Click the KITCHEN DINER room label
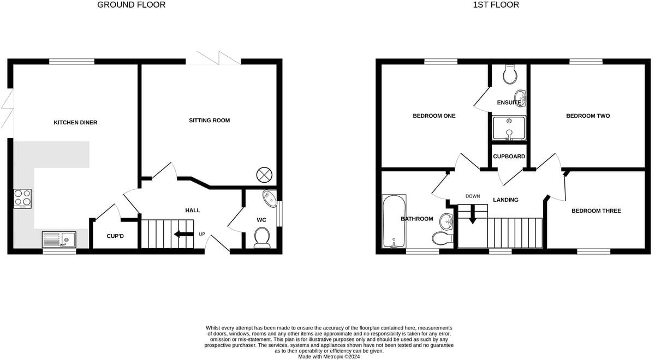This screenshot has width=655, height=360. click(75, 123)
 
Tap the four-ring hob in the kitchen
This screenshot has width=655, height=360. click(22, 199)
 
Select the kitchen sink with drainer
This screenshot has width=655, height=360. click(59, 239)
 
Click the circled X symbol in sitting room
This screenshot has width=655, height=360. click(264, 175)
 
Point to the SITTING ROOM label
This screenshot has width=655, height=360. click(210, 121)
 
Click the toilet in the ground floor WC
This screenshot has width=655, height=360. click(262, 237)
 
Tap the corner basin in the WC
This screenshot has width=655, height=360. click(270, 197)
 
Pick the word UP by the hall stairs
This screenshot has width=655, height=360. click(201, 235)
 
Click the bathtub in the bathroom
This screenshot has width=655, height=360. click(394, 221)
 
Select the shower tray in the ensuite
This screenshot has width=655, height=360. click(509, 128)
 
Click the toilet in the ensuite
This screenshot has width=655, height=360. click(510, 75)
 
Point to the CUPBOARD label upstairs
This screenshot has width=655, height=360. click(509, 157)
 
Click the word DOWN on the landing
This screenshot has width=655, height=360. click(473, 196)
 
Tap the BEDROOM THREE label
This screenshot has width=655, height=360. click(596, 211)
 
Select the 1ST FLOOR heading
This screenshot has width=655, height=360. click(496, 5)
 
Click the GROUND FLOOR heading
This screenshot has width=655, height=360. click(131, 5)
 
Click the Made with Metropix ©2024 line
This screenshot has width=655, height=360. click(329, 356)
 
